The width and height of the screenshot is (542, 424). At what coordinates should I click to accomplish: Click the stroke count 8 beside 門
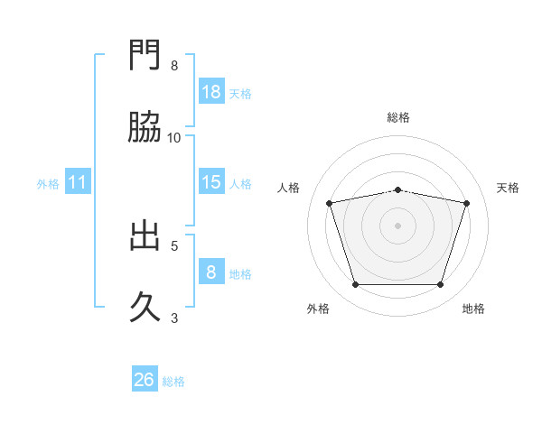[174, 66]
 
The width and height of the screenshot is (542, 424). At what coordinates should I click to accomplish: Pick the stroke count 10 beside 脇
[174, 137]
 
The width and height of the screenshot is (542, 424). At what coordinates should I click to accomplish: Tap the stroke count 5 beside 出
[174, 244]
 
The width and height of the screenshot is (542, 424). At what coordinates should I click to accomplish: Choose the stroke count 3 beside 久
[174, 317]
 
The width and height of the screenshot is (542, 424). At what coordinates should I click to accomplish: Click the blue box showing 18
[211, 92]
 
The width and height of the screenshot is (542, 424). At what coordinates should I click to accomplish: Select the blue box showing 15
[211, 182]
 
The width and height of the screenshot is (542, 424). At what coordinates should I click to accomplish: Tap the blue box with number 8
[211, 272]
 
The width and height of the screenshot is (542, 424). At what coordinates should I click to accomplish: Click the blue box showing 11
[78, 182]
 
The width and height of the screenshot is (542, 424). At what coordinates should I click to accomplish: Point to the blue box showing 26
[145, 380]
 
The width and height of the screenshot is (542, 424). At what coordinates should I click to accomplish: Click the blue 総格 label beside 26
[173, 382]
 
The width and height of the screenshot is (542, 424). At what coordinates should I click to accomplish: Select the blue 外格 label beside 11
[48, 184]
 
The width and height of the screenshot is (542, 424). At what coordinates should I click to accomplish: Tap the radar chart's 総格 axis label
[398, 117]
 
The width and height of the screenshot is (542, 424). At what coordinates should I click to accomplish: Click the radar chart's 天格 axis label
[509, 188]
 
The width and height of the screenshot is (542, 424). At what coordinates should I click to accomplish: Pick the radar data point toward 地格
[441, 285]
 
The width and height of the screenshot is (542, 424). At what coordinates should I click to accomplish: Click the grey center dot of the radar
[398, 226]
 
